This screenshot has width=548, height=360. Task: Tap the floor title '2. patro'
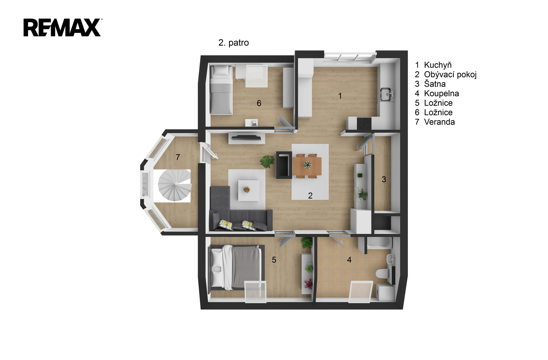click(233, 43)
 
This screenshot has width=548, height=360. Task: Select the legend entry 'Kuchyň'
click(438, 65)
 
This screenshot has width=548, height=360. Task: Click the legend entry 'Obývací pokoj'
click(450, 75)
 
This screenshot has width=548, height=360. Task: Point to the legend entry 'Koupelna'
click(441, 93)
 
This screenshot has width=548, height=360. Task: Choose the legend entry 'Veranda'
click(439, 122)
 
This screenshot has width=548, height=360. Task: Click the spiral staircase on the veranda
click(174, 185)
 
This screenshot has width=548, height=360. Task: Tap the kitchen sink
click(387, 94)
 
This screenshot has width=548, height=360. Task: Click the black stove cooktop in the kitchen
click(364, 124)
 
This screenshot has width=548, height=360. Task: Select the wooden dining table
click(307, 166)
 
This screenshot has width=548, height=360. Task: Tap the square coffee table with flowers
click(249, 190)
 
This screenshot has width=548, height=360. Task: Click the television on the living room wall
click(246, 137)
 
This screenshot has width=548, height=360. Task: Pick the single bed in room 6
click(221, 90)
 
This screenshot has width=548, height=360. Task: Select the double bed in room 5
click(236, 267)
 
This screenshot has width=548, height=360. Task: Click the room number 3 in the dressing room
click(384, 179)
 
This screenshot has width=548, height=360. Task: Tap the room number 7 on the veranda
click(178, 157)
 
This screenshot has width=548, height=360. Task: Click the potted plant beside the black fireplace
click(267, 161)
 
